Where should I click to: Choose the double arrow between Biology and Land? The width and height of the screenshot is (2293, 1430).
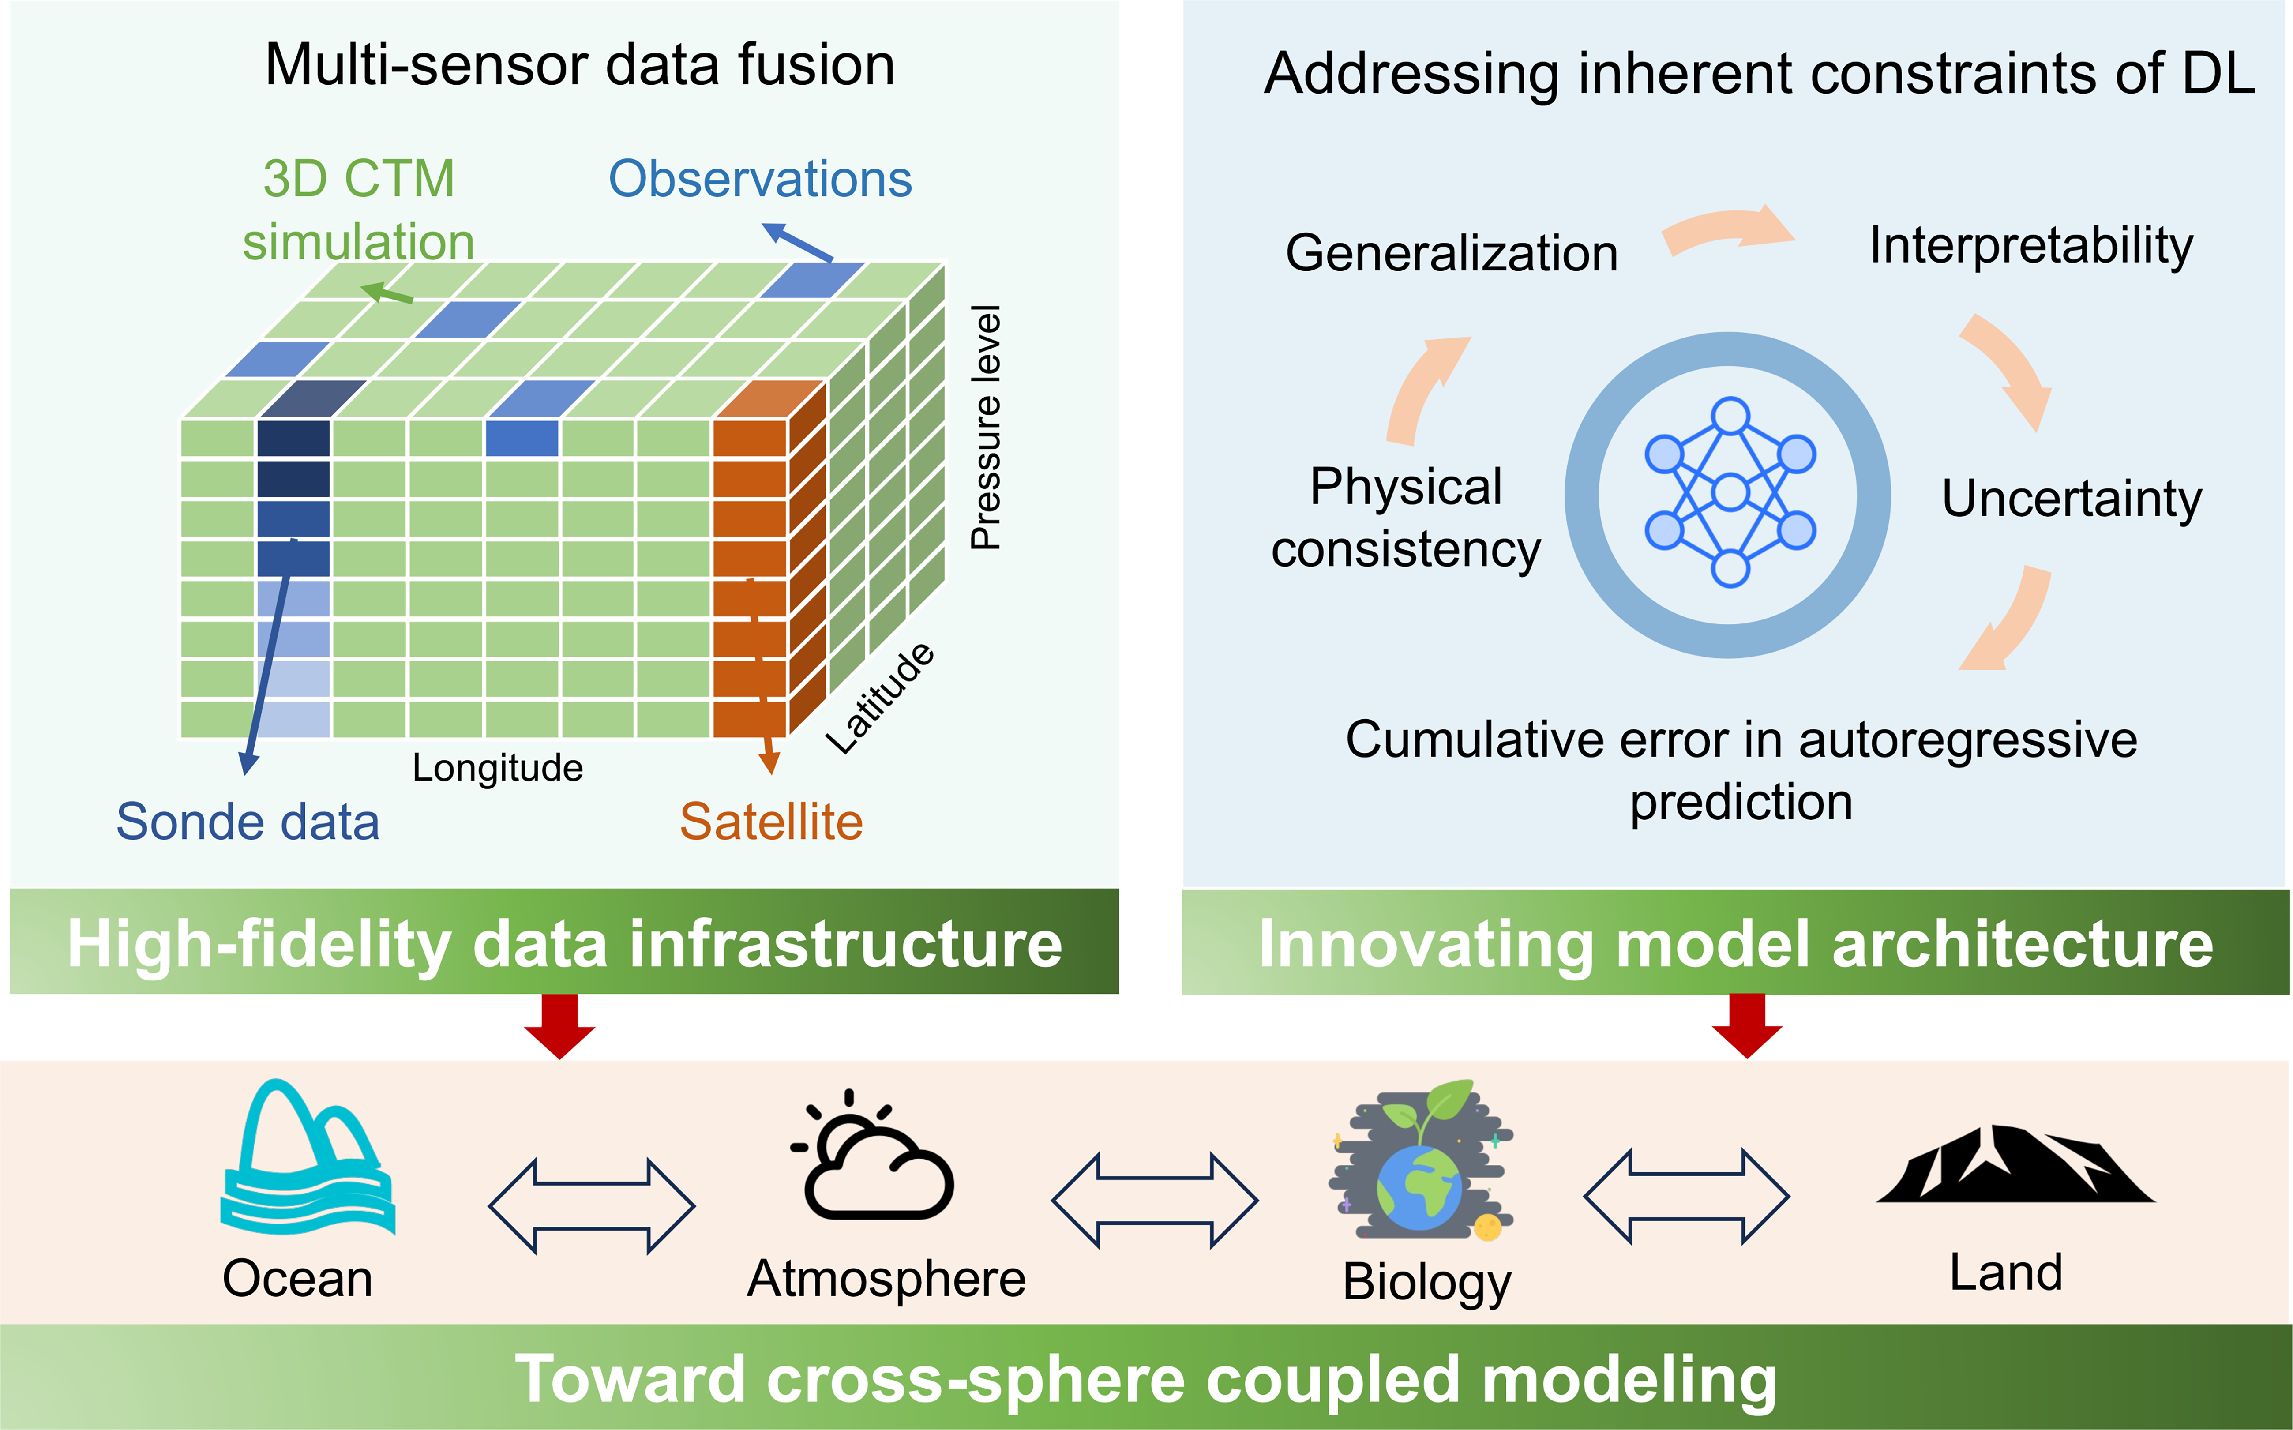pyautogui.click(x=1686, y=1197)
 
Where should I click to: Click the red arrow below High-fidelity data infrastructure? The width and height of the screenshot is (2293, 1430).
pyautogui.click(x=560, y=1026)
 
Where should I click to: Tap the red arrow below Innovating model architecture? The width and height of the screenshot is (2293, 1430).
pyautogui.click(x=1747, y=1026)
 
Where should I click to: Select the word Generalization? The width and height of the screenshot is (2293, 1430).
pyautogui.click(x=1452, y=253)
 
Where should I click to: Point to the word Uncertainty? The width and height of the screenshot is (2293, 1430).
pyautogui.click(x=2071, y=499)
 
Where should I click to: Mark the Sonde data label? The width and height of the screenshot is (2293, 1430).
pyautogui.click(x=248, y=821)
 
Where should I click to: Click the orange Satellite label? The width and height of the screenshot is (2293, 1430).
pyautogui.click(x=771, y=821)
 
